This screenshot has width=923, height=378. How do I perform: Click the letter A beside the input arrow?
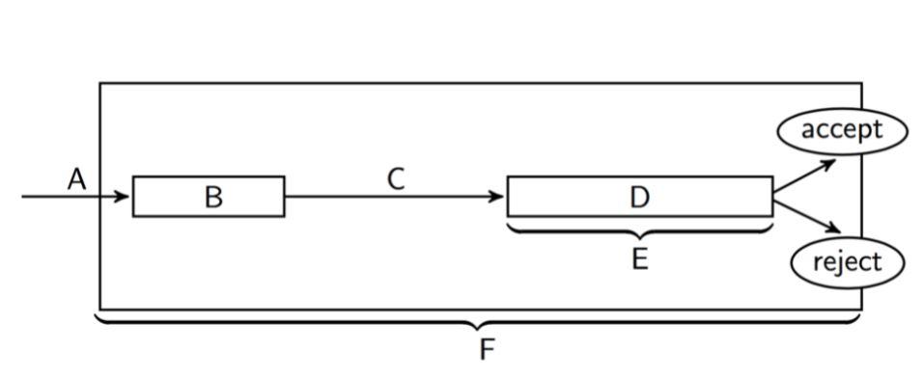coord(77,178)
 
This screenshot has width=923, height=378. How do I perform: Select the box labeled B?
coord(209,197)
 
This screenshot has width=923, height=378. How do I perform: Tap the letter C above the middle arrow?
coord(396,178)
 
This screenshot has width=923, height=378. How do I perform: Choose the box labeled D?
coord(639,197)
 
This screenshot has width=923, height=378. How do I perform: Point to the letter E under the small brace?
coord(639,258)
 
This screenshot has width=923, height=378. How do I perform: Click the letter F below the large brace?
coord(487,348)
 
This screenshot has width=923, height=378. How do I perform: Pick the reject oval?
coord(847,262)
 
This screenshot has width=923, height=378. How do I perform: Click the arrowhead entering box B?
coord(123,197)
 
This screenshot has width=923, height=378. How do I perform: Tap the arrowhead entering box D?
coord(497,197)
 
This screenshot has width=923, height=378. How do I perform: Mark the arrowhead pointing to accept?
coord(828,163)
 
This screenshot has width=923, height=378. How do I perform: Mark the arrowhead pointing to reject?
coord(831,229)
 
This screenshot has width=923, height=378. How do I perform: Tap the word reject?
coord(847,262)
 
